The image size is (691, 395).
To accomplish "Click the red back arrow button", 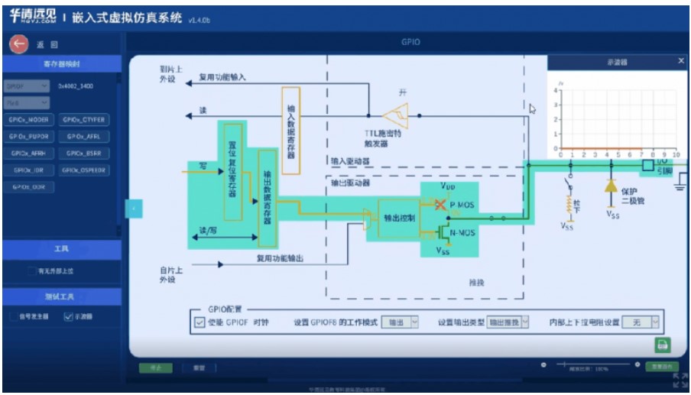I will click(18, 44).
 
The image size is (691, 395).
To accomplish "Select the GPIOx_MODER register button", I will click(29, 120).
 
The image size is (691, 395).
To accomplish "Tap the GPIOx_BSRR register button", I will click(84, 154).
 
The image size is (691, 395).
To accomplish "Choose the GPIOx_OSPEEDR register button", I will click(84, 170).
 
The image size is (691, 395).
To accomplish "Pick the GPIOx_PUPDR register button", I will click(29, 137).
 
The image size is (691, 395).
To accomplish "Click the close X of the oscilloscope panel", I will click(681, 61).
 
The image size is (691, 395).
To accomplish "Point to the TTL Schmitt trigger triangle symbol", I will click(395, 116).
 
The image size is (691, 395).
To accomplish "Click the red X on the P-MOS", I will click(440, 206).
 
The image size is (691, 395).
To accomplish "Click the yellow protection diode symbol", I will click(611, 186).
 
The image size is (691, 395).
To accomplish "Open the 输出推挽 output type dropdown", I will click(508, 322).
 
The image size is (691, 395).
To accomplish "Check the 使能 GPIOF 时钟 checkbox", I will click(200, 323).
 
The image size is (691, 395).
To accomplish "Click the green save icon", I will click(661, 345).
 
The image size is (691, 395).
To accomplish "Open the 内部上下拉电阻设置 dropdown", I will click(641, 322).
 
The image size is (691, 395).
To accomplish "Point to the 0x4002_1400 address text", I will click(76, 86).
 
